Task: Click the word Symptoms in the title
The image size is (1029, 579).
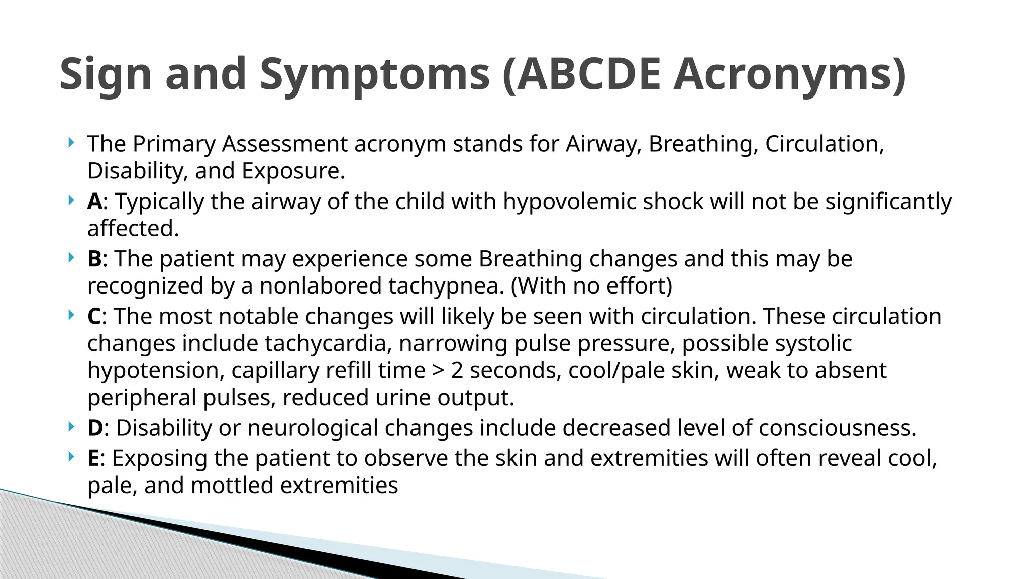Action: click(x=374, y=74)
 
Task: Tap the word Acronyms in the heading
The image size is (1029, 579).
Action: click(x=789, y=74)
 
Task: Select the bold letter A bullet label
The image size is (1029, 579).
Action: click(x=94, y=202)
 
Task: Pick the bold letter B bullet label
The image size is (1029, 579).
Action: click(x=94, y=259)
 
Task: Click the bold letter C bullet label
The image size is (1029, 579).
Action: click(x=94, y=317)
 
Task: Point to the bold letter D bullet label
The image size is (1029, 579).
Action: click(x=95, y=428)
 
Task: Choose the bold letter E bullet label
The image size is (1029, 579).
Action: click(x=93, y=458)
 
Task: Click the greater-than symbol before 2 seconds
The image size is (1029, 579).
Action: click(x=438, y=371)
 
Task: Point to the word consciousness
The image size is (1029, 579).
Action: click(x=837, y=428)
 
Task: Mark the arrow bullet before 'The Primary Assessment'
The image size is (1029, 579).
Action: click(x=71, y=143)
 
